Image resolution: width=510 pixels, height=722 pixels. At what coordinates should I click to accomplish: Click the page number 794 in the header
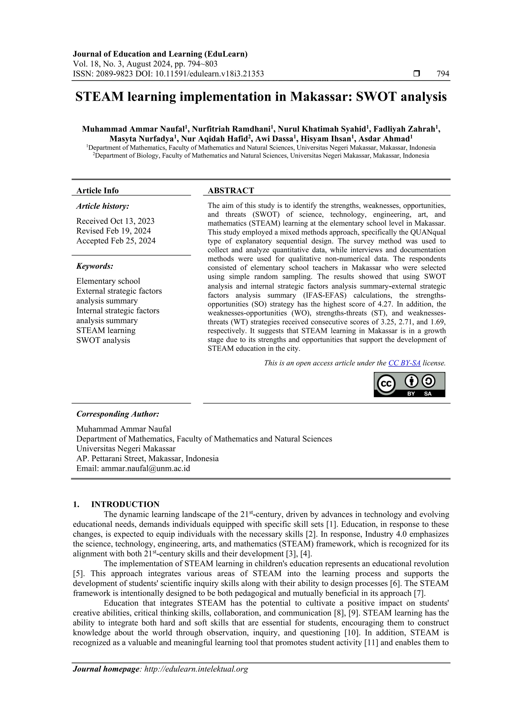pyautogui.click(x=443, y=74)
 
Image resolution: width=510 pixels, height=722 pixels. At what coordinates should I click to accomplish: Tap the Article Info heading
pyautogui.click(x=97, y=191)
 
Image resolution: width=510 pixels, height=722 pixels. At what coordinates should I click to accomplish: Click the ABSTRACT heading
pyautogui.click(x=231, y=191)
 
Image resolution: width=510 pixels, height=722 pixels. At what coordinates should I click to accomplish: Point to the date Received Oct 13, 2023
pyautogui.click(x=115, y=221)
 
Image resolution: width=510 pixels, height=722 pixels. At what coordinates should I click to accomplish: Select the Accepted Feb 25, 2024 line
pyautogui.click(x=116, y=241)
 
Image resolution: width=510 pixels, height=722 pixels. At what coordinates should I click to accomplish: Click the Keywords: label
pyautogui.click(x=95, y=266)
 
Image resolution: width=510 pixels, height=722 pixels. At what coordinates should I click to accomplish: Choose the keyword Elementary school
pyautogui.click(x=108, y=281)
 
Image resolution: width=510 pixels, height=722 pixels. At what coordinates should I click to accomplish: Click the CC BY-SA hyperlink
pyautogui.click(x=404, y=363)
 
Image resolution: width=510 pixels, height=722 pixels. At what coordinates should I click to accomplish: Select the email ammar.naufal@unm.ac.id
pyautogui.click(x=145, y=469)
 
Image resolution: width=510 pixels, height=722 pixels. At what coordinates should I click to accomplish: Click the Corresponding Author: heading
pyautogui.click(x=118, y=414)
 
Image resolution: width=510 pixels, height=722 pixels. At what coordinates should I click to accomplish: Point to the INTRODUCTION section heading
pyautogui.click(x=125, y=504)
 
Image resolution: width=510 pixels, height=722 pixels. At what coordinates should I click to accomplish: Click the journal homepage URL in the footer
pyautogui.click(x=196, y=669)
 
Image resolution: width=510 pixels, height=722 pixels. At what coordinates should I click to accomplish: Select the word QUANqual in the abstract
pyautogui.click(x=428, y=232)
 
